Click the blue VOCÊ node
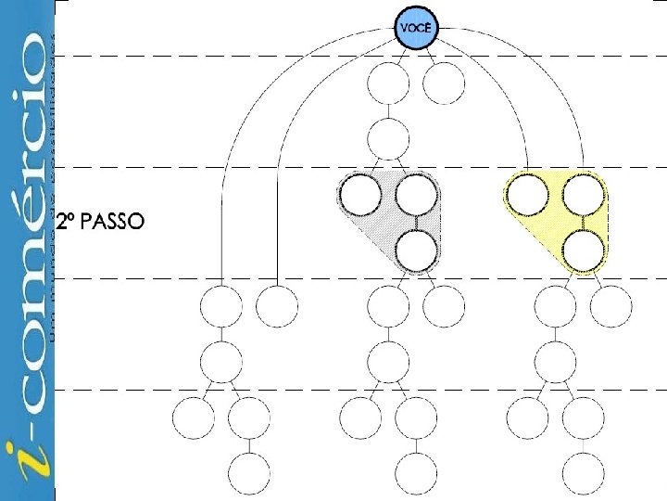click(416, 28)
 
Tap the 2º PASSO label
click(99, 223)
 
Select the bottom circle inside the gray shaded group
click(416, 250)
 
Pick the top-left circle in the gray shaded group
click(360, 195)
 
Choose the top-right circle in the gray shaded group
click(416, 195)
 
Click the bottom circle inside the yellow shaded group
click(584, 250)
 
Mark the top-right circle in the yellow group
click(584, 195)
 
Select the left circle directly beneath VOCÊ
click(388, 84)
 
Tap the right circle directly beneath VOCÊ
click(444, 84)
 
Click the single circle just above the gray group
click(388, 139)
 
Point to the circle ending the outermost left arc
click(221, 306)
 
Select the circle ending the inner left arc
click(277, 306)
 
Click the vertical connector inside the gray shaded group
click(416, 223)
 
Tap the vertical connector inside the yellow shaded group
click(584, 223)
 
